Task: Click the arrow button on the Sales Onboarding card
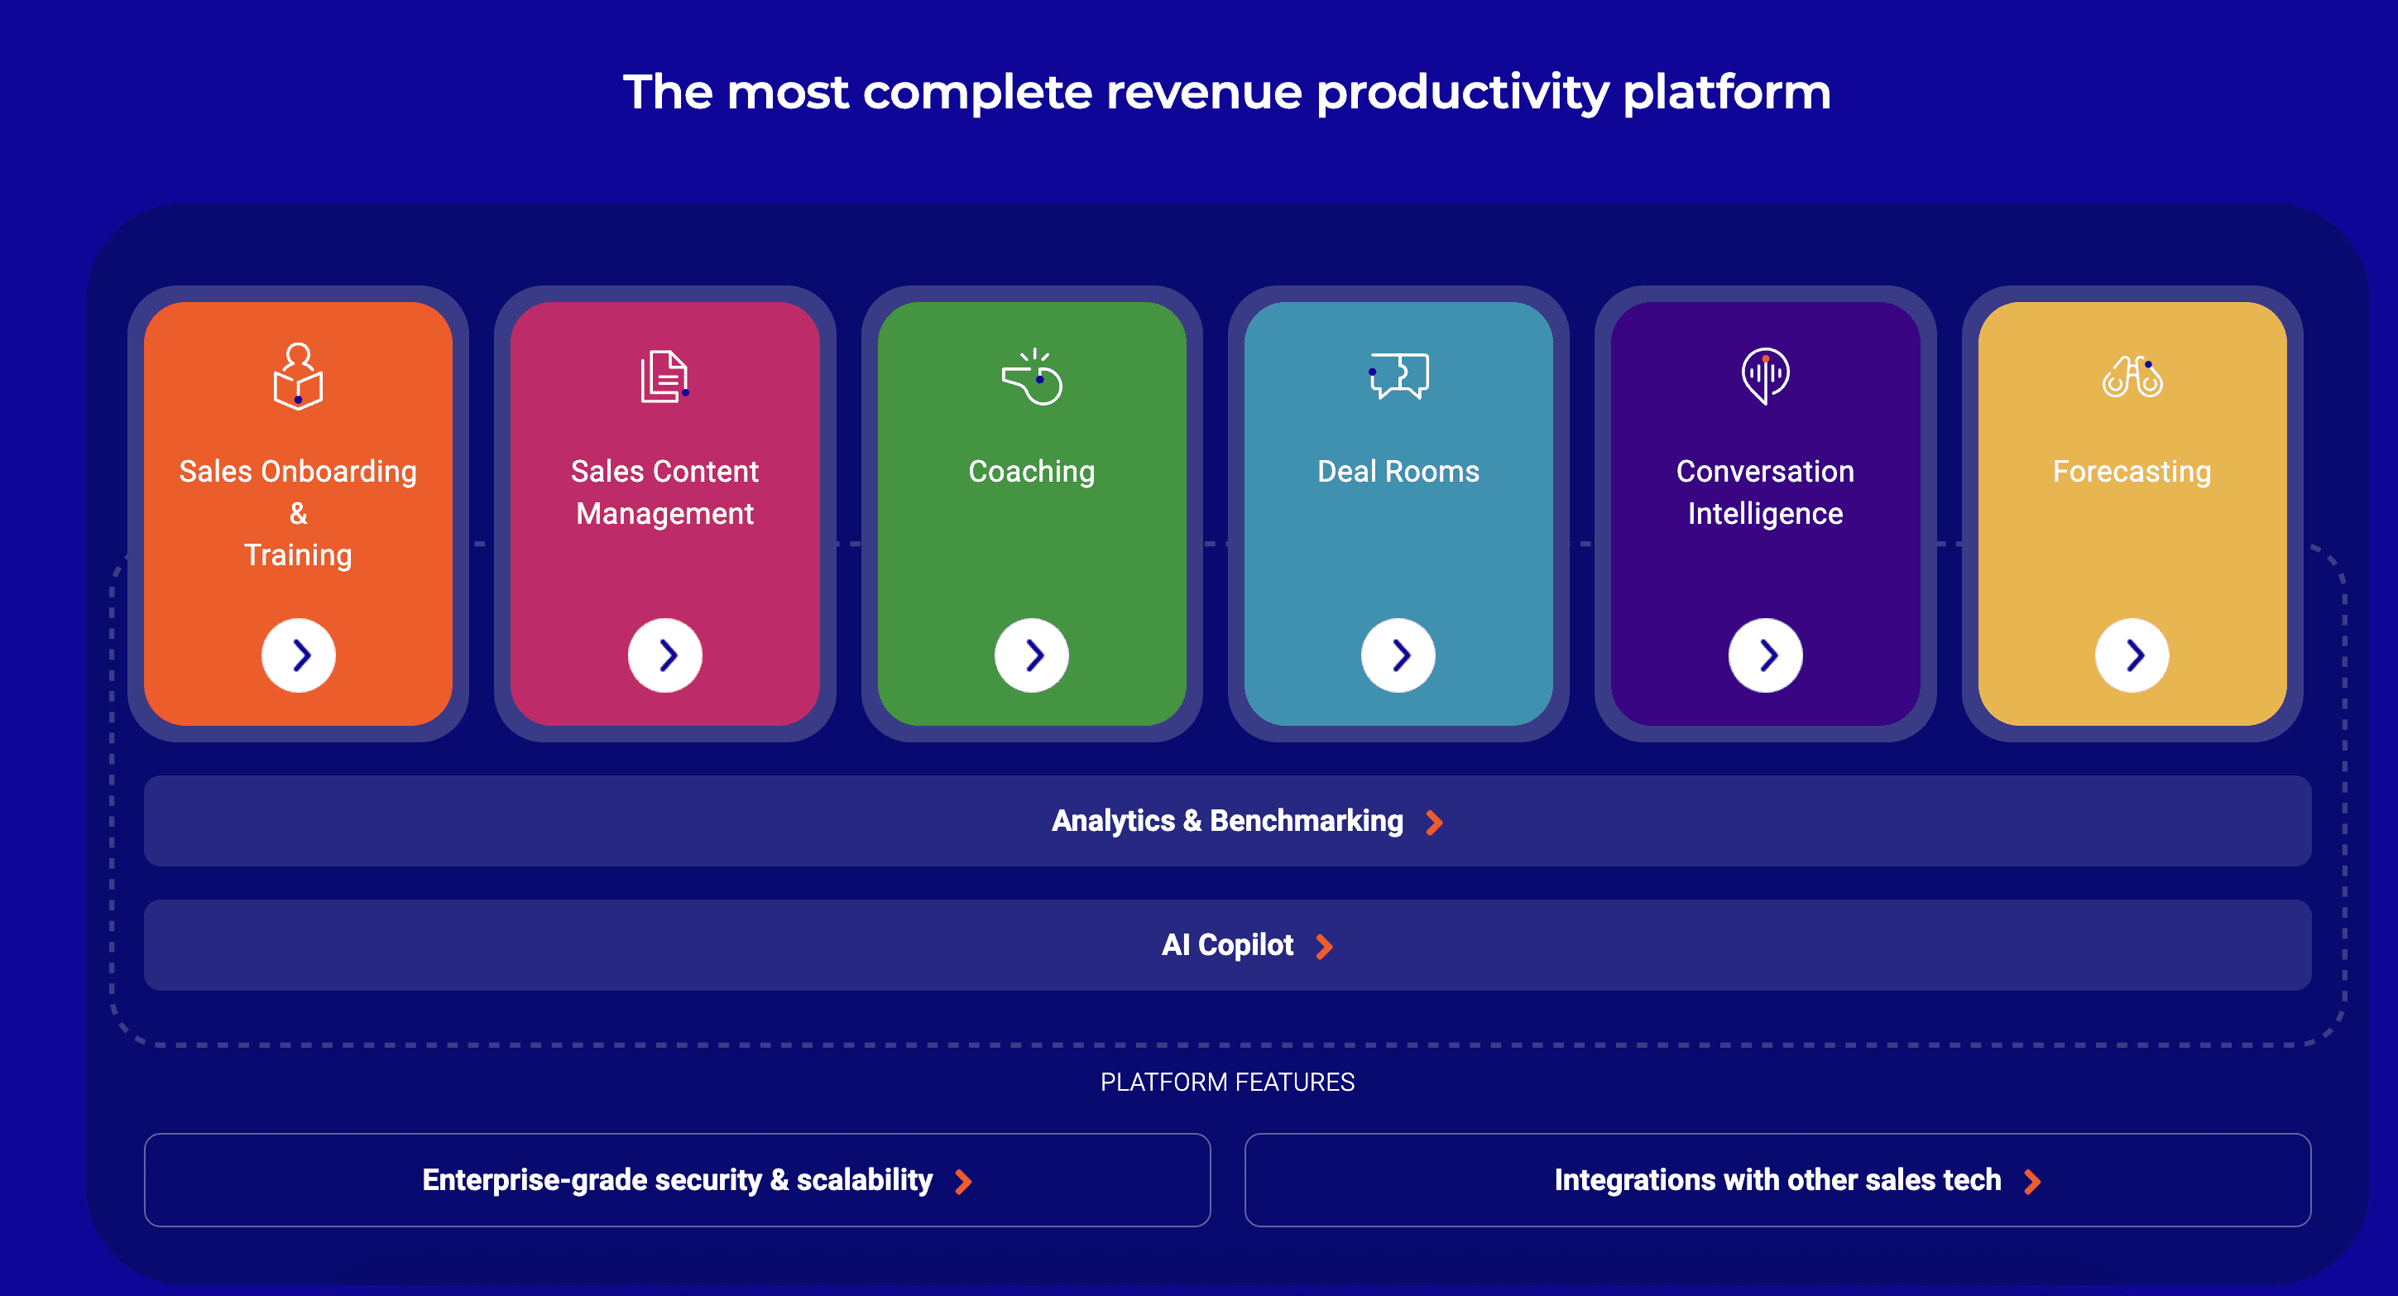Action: tap(298, 655)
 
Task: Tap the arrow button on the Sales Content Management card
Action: tap(664, 655)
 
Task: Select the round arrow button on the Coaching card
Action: tap(1031, 655)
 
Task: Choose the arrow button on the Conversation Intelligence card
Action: tap(1765, 655)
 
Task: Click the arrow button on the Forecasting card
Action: tap(2132, 655)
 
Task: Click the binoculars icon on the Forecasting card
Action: tap(2132, 377)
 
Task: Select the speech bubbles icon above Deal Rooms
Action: tap(1398, 376)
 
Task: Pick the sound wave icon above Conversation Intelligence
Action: tap(1765, 376)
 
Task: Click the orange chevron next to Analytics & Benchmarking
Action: tap(1435, 822)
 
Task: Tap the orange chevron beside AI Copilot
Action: tap(1325, 947)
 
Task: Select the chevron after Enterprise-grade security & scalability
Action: tap(963, 1182)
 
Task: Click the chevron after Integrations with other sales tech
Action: tap(2032, 1182)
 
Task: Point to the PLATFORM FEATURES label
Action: tap(1227, 1082)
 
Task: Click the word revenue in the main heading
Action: tap(1204, 92)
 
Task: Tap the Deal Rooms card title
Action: tap(1398, 471)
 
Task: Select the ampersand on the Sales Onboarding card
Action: tap(298, 513)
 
